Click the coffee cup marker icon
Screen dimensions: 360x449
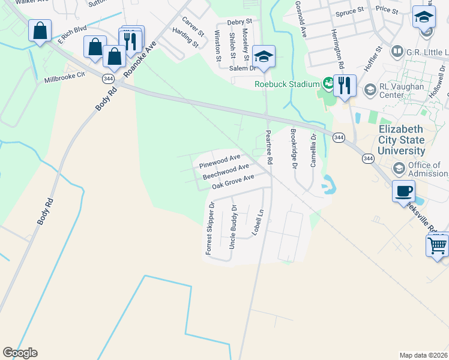404,191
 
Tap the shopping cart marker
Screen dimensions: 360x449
437,245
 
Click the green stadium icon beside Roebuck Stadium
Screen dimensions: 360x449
328,83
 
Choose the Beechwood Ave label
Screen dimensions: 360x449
226,172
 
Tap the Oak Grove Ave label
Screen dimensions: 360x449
233,181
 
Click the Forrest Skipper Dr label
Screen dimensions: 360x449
210,229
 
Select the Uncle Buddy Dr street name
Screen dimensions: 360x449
233,227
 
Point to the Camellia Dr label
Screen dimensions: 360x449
313,152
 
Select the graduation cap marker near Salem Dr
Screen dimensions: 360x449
264,57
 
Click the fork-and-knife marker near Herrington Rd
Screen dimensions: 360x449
345,86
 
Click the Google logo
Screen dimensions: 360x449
20,353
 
